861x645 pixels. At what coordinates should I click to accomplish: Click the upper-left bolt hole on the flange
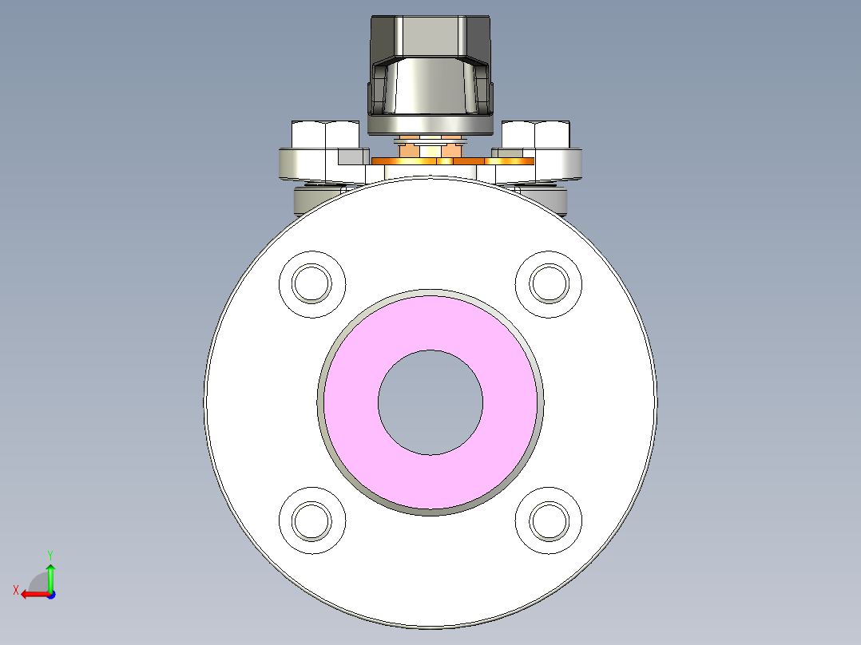coord(311,284)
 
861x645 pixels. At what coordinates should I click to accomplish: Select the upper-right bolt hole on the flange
coord(549,283)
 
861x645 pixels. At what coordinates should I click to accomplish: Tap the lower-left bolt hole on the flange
coord(311,520)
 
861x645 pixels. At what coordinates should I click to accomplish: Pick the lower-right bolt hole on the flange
coord(549,520)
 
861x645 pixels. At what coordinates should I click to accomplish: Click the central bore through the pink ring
coord(430,402)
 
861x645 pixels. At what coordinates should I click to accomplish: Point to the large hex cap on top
coord(430,35)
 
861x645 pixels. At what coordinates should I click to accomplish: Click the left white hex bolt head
coord(325,135)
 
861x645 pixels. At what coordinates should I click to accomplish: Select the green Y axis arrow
coord(50,575)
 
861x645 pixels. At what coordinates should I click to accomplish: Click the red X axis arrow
coord(32,594)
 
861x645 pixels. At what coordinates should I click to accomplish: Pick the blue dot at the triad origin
coord(50,594)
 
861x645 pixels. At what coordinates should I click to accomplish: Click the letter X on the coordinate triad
coord(15,590)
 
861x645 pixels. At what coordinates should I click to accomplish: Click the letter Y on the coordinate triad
coord(50,554)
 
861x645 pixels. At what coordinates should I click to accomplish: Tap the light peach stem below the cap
coord(430,149)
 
